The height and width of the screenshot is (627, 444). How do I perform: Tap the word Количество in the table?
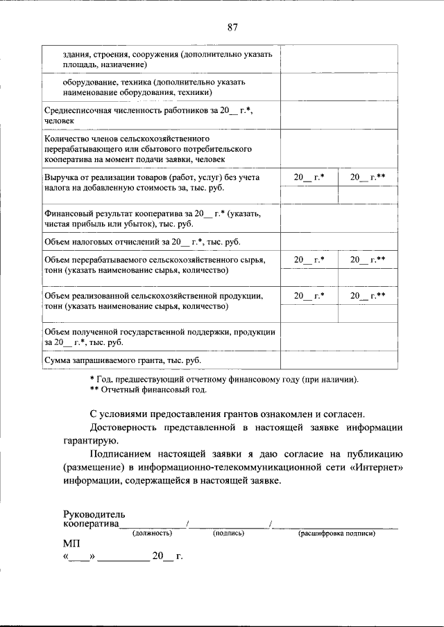(66, 139)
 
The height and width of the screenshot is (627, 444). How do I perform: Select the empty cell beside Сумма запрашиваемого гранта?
(339, 360)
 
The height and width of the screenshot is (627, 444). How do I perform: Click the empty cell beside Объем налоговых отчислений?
(339, 242)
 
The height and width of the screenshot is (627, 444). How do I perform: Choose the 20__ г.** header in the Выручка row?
(367, 177)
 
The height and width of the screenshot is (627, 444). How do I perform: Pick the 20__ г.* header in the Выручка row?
(309, 177)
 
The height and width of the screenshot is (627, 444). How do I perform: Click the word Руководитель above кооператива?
(93, 514)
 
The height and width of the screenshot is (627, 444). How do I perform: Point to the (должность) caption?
(153, 533)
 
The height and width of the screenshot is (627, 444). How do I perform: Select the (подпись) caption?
(228, 533)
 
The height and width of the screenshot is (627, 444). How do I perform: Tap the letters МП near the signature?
(72, 545)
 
